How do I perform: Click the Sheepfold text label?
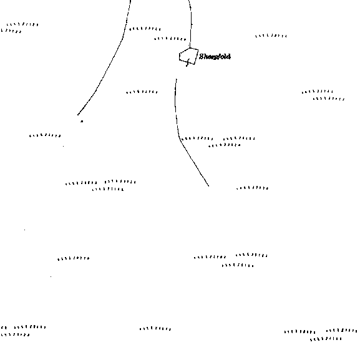[215, 57]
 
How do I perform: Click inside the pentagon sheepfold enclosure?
[188, 56]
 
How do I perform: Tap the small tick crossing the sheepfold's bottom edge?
[188, 62]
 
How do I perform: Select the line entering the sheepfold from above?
[191, 24]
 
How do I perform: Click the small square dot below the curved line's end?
[82, 121]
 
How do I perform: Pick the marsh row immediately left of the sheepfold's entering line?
[170, 39]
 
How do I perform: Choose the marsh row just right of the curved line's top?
[145, 29]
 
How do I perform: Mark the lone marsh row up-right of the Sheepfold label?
[271, 36]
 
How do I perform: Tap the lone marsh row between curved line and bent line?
[142, 92]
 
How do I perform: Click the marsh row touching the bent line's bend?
[197, 139]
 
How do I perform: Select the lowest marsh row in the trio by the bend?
[225, 145]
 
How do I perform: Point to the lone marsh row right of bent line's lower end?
[253, 188]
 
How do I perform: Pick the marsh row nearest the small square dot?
[45, 135]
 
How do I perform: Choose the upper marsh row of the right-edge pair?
[318, 92]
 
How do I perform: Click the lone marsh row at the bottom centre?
[155, 329]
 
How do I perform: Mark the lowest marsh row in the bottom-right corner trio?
[326, 339]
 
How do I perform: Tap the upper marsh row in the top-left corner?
[22, 24]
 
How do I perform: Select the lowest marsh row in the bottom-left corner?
[15, 335]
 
